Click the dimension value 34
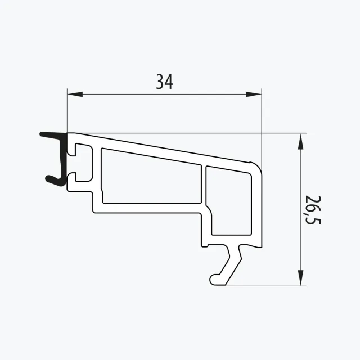pos(164,82)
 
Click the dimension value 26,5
pos(313,210)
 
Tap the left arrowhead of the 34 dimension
pos(75,94)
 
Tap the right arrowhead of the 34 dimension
pos(254,94)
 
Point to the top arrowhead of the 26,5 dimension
pos(300,142)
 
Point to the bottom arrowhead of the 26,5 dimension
pos(300,278)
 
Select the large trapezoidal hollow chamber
pos(151,176)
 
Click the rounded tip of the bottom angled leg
pos(214,280)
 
